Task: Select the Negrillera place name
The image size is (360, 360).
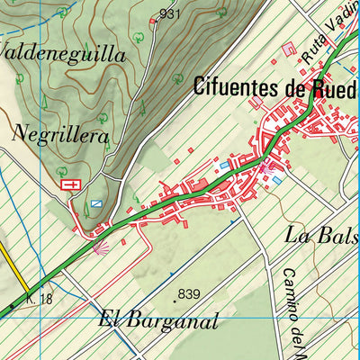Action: [60, 136]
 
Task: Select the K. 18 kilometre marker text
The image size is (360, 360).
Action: [40, 298]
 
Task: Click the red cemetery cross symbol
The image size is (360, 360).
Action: [68, 184]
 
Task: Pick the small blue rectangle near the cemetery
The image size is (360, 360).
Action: [95, 204]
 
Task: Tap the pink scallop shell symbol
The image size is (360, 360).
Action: [101, 245]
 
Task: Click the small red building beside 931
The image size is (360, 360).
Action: [152, 21]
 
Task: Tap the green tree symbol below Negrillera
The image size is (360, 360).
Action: [61, 168]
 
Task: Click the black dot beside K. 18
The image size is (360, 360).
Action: [13, 307]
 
